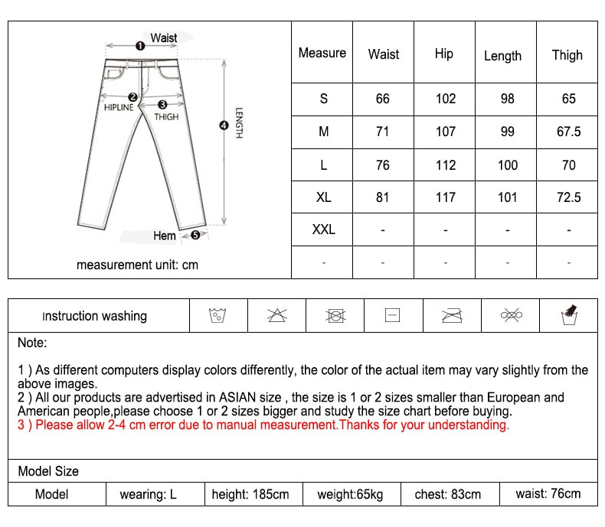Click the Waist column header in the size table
click(x=383, y=54)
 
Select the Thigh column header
click(x=567, y=54)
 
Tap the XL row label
click(x=323, y=197)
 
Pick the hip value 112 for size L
click(x=445, y=164)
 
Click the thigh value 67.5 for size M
click(x=568, y=132)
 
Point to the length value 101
click(x=507, y=197)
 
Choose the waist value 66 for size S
click(x=383, y=99)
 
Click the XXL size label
click(x=323, y=229)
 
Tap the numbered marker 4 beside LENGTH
click(x=224, y=125)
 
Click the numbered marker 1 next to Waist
click(x=139, y=45)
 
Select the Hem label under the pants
click(x=164, y=236)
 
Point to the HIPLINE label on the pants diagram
click(x=119, y=108)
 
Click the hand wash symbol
click(x=568, y=314)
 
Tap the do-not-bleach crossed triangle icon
click(x=276, y=315)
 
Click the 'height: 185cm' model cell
click(x=251, y=494)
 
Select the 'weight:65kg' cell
click(x=350, y=494)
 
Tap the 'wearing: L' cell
click(x=148, y=494)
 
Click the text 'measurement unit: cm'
click(x=137, y=265)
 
